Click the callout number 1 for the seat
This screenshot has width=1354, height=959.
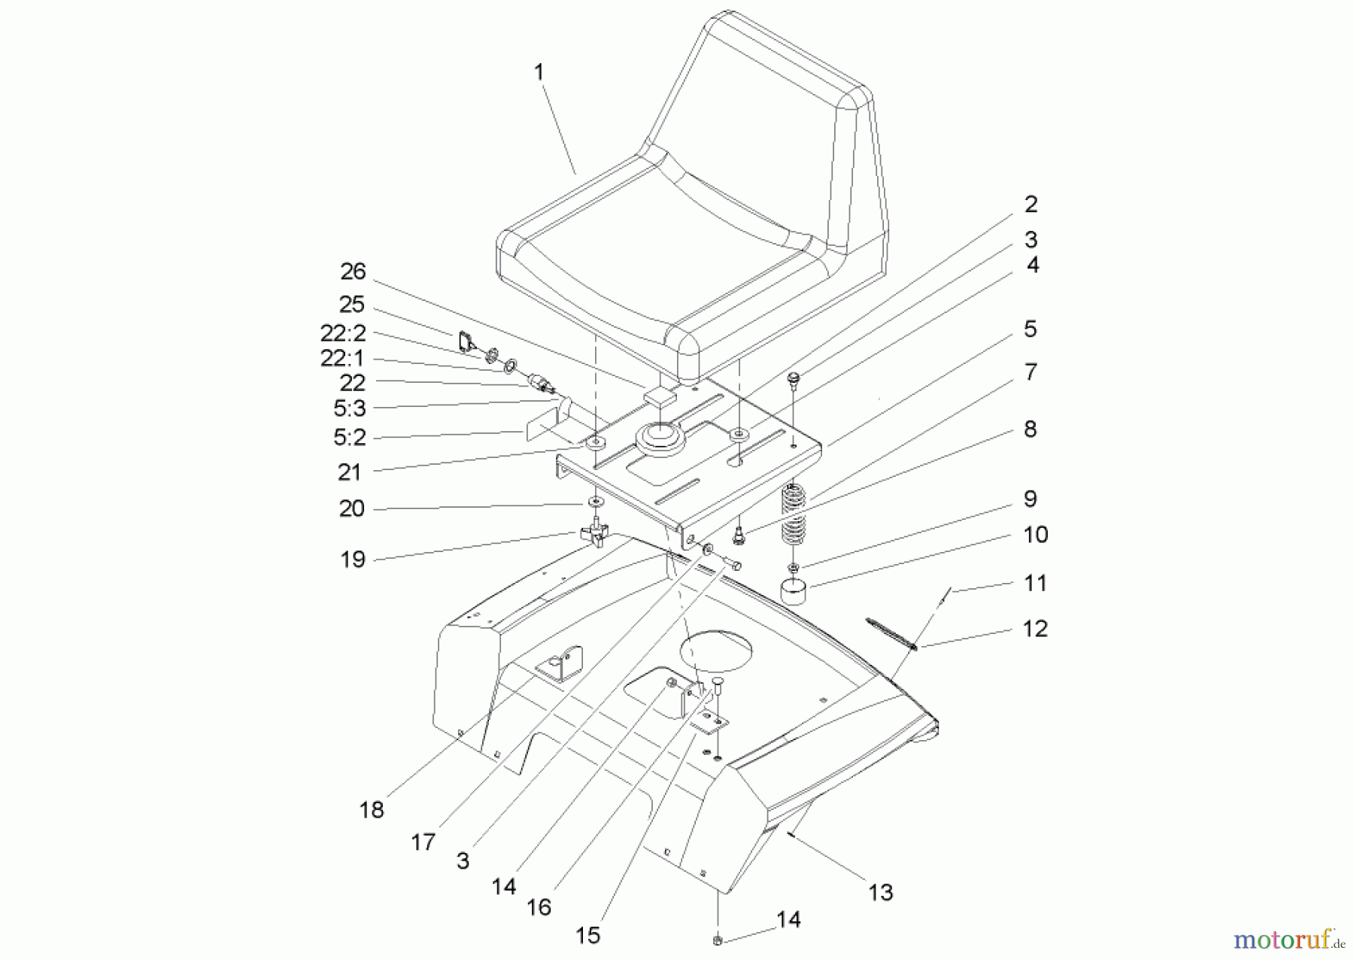[539, 73]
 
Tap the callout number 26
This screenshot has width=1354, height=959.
[352, 272]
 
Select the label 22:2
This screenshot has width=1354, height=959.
[342, 332]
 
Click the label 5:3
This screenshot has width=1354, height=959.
[349, 408]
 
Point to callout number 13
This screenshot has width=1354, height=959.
[880, 893]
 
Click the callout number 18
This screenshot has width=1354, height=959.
[372, 810]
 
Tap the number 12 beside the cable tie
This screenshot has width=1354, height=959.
[1035, 629]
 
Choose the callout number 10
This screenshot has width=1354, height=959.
[1035, 535]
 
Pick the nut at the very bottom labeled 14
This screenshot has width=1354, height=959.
[717, 940]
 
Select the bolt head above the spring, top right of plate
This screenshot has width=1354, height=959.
[793, 378]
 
